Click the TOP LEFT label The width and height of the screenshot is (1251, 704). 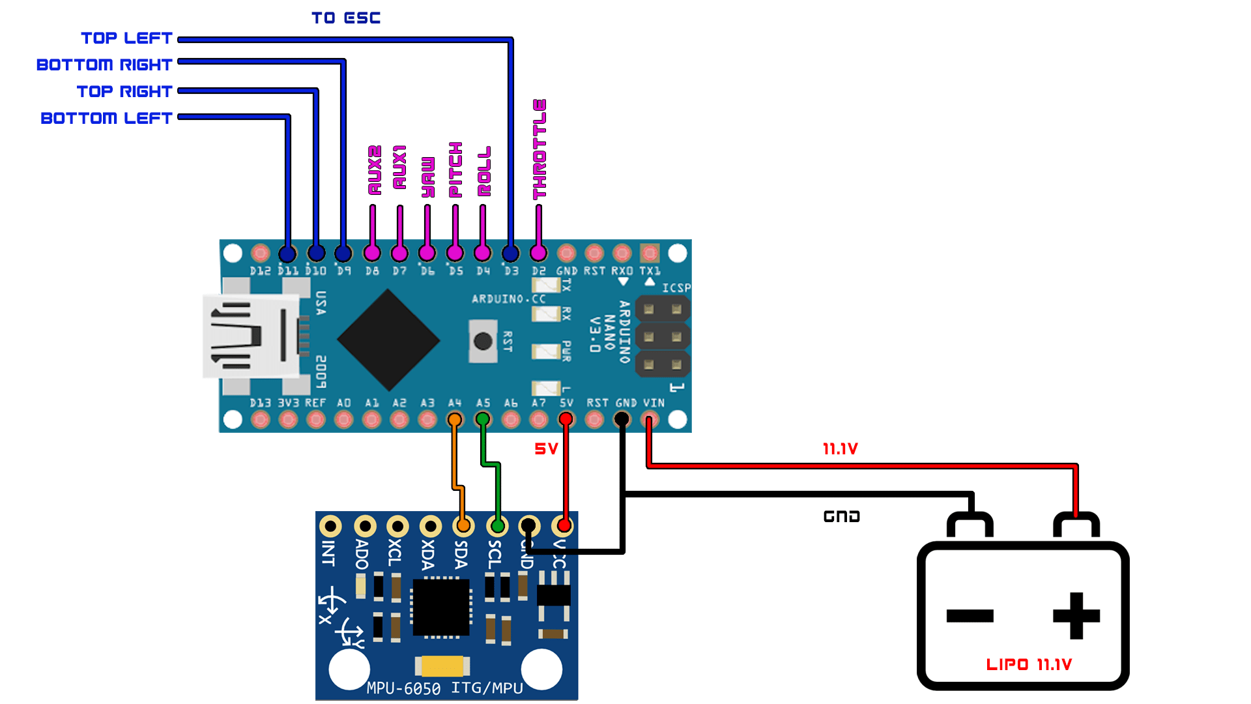[126, 38]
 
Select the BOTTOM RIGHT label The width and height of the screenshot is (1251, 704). [104, 65]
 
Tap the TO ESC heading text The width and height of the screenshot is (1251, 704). [345, 18]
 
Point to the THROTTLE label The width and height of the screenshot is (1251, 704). [539, 149]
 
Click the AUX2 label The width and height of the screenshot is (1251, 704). [374, 170]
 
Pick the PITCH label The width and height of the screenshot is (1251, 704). [455, 169]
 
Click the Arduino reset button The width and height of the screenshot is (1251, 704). [483, 341]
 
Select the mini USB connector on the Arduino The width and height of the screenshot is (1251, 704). [251, 337]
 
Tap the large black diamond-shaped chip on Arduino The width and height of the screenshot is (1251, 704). [388, 340]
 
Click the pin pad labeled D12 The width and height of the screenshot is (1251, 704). [260, 253]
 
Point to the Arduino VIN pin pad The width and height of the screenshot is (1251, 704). [650, 419]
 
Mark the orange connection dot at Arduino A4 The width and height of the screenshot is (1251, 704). [455, 419]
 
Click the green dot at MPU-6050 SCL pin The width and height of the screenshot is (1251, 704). [498, 525]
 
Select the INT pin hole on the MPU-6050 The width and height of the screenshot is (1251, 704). [331, 525]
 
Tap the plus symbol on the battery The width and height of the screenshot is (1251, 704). [1076, 615]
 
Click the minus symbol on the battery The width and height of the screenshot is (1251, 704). [970, 615]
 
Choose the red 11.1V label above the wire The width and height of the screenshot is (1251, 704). [840, 449]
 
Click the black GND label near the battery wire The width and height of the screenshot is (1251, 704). [841, 517]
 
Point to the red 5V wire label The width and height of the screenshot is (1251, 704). [546, 449]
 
